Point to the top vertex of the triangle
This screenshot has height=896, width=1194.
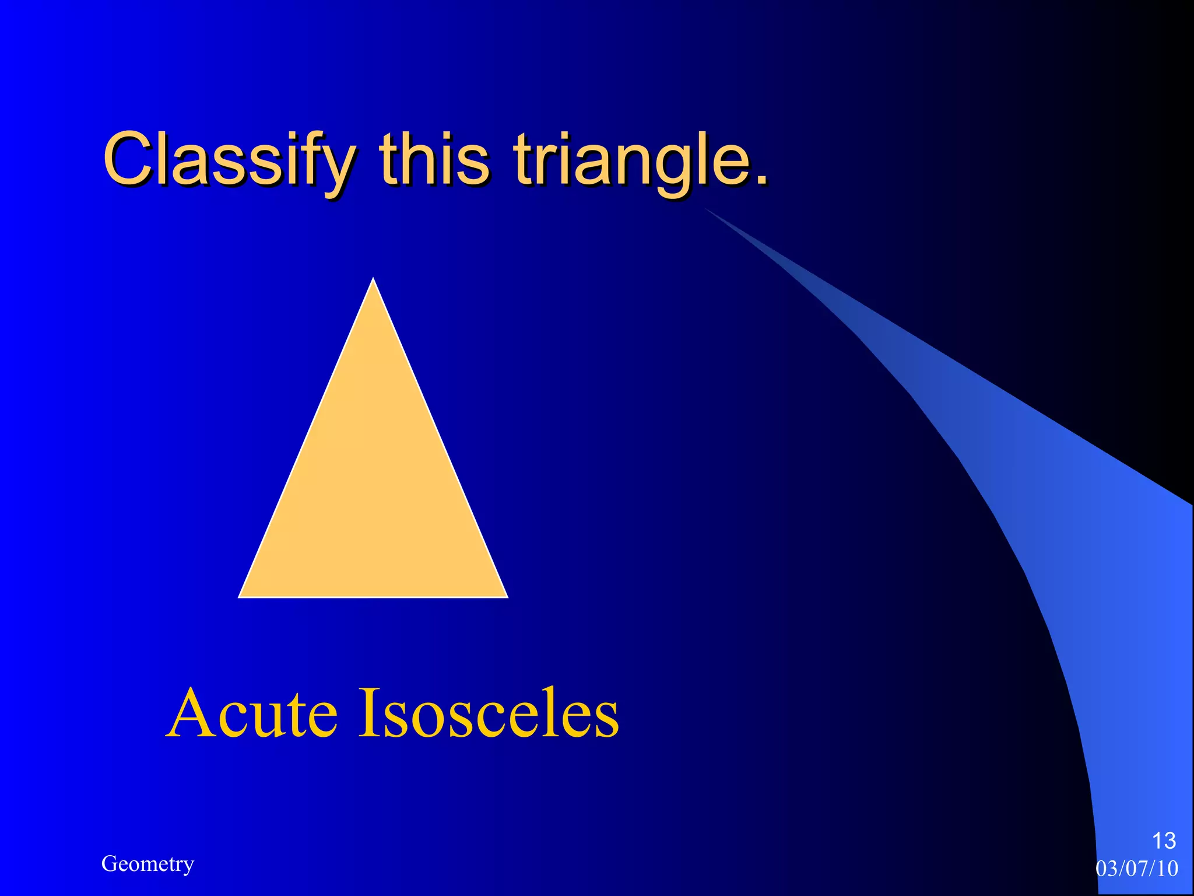373,280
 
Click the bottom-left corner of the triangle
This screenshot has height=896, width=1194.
241,596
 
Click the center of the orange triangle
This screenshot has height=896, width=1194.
373,490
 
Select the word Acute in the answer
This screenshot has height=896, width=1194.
252,713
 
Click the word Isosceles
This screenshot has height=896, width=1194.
488,713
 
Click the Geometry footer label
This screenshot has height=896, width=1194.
148,863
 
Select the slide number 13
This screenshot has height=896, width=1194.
1164,841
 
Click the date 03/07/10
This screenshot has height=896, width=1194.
1137,869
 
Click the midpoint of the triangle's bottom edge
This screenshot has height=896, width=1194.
373,597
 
